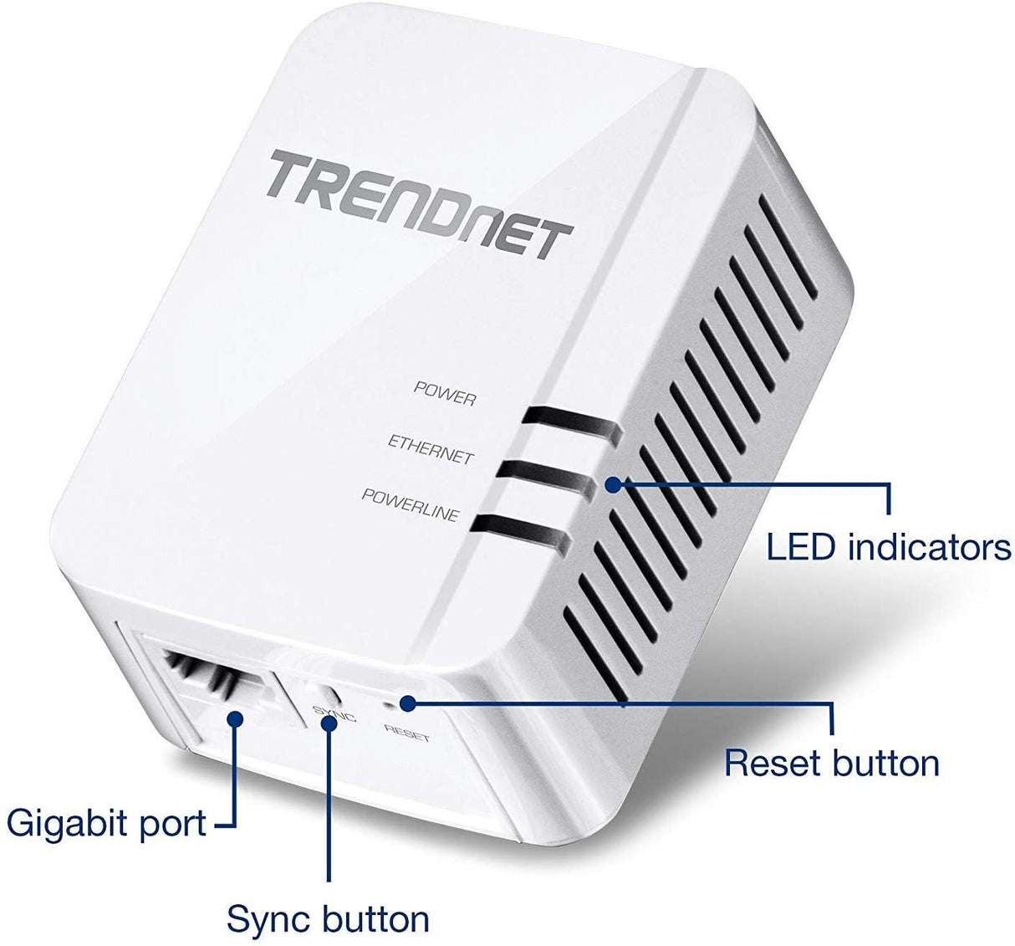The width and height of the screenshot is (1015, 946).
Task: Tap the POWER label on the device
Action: tap(445, 392)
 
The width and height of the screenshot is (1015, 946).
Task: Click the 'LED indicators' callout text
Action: tap(889, 548)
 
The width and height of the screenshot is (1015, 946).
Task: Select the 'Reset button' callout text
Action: tap(831, 763)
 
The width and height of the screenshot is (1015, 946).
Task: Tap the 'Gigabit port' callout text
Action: tap(106, 823)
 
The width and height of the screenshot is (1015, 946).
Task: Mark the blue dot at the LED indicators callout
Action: tap(614, 484)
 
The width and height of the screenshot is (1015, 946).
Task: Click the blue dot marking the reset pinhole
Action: tap(407, 703)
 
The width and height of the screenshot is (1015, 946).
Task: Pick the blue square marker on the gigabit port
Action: tap(236, 718)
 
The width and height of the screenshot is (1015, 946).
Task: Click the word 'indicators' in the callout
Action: tap(929, 548)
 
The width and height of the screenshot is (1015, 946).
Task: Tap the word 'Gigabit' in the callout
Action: tap(64, 823)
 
